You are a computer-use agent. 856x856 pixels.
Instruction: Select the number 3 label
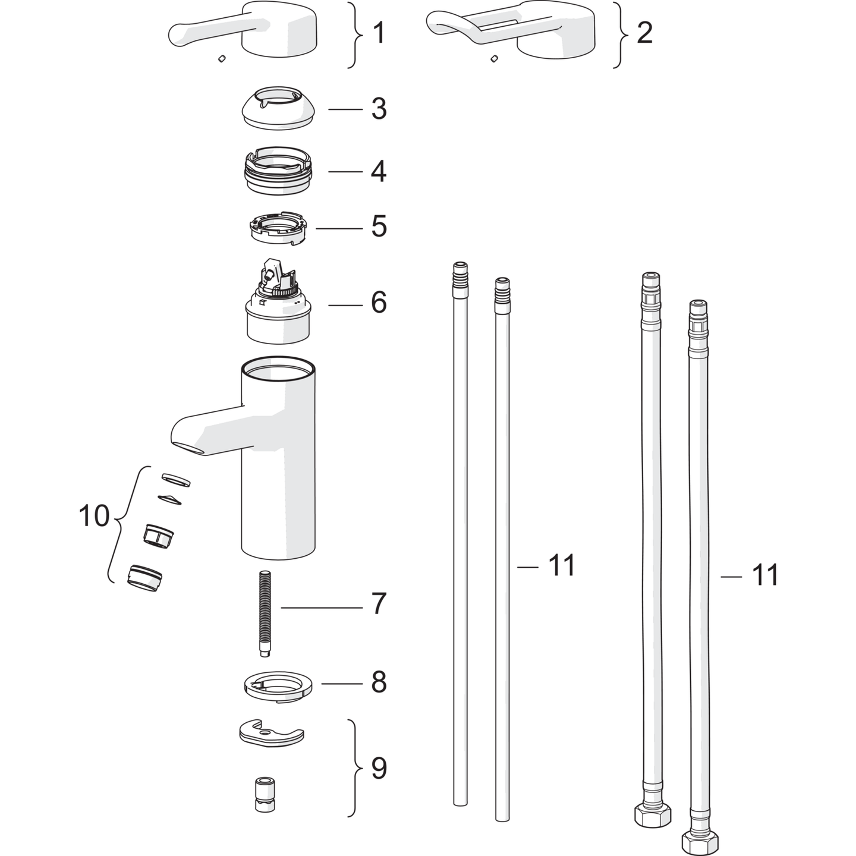click(379, 109)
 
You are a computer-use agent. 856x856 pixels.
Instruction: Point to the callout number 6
click(379, 303)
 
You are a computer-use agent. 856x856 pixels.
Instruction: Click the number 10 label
click(94, 516)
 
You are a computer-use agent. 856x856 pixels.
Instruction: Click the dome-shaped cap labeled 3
click(279, 108)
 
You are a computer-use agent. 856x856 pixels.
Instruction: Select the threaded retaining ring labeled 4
click(279, 171)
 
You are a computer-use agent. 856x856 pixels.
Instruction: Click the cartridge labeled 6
click(279, 301)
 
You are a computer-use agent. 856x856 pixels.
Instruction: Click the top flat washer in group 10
click(177, 480)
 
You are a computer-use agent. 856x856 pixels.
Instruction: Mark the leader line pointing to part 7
click(322, 608)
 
